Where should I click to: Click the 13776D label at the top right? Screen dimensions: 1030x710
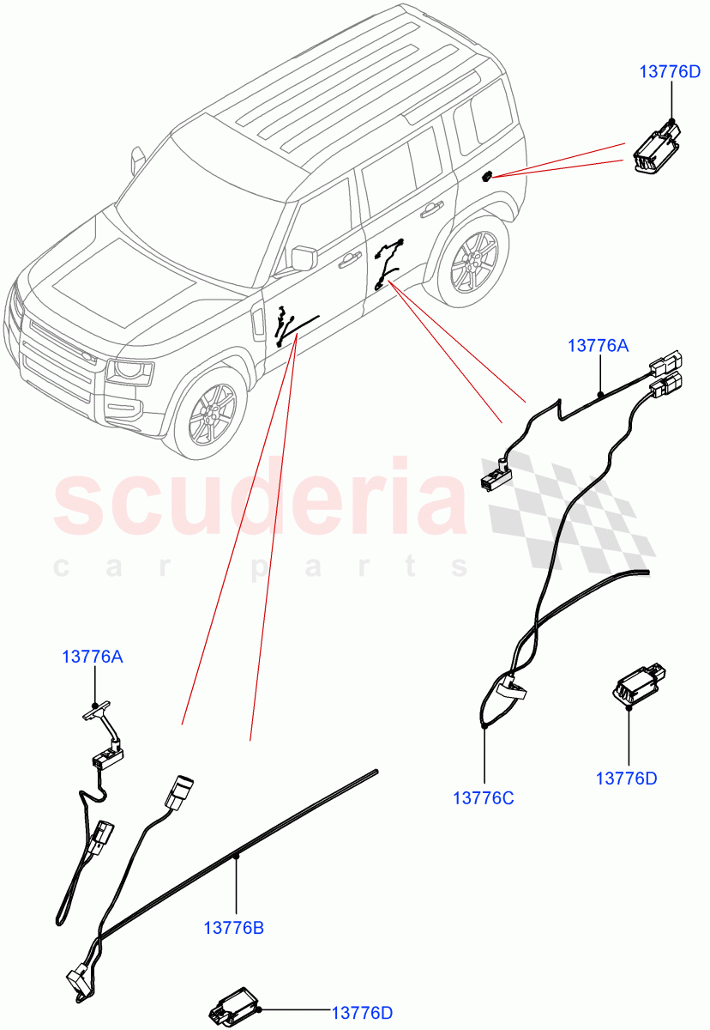(x=670, y=71)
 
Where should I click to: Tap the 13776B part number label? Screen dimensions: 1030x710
(x=233, y=928)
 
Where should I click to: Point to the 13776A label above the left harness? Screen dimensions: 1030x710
(x=92, y=657)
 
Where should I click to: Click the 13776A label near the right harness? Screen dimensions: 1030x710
(x=599, y=346)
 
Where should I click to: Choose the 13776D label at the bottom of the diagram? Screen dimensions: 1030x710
(x=363, y=1014)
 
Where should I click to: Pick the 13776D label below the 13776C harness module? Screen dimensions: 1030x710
(x=627, y=779)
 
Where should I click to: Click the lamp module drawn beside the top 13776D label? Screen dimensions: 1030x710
(x=656, y=147)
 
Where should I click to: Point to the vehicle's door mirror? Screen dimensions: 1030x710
(x=304, y=257)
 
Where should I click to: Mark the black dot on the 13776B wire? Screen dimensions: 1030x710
(x=236, y=856)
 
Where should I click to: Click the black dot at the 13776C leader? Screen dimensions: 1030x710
(x=484, y=726)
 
